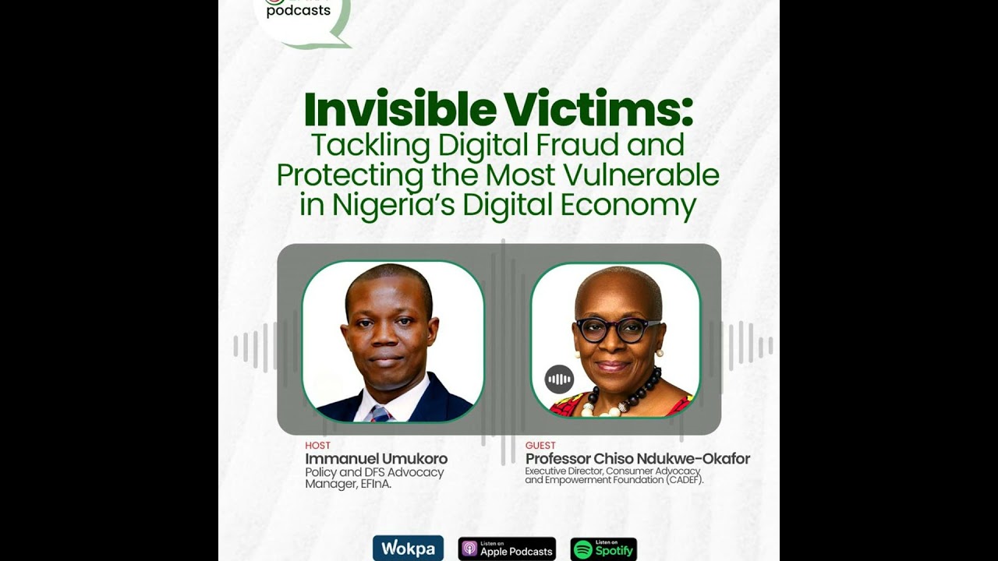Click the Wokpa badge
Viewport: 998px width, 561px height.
(408, 549)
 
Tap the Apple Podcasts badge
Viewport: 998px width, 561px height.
(507, 549)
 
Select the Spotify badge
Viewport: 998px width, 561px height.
(603, 549)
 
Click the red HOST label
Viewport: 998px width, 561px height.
(317, 446)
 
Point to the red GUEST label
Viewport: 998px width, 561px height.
(541, 446)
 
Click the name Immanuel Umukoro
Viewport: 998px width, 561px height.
(376, 459)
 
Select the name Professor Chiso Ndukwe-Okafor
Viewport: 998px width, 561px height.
(637, 459)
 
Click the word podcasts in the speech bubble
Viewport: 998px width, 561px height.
(298, 11)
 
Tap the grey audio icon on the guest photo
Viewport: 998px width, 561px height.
(559, 379)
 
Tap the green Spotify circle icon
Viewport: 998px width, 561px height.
(582, 549)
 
